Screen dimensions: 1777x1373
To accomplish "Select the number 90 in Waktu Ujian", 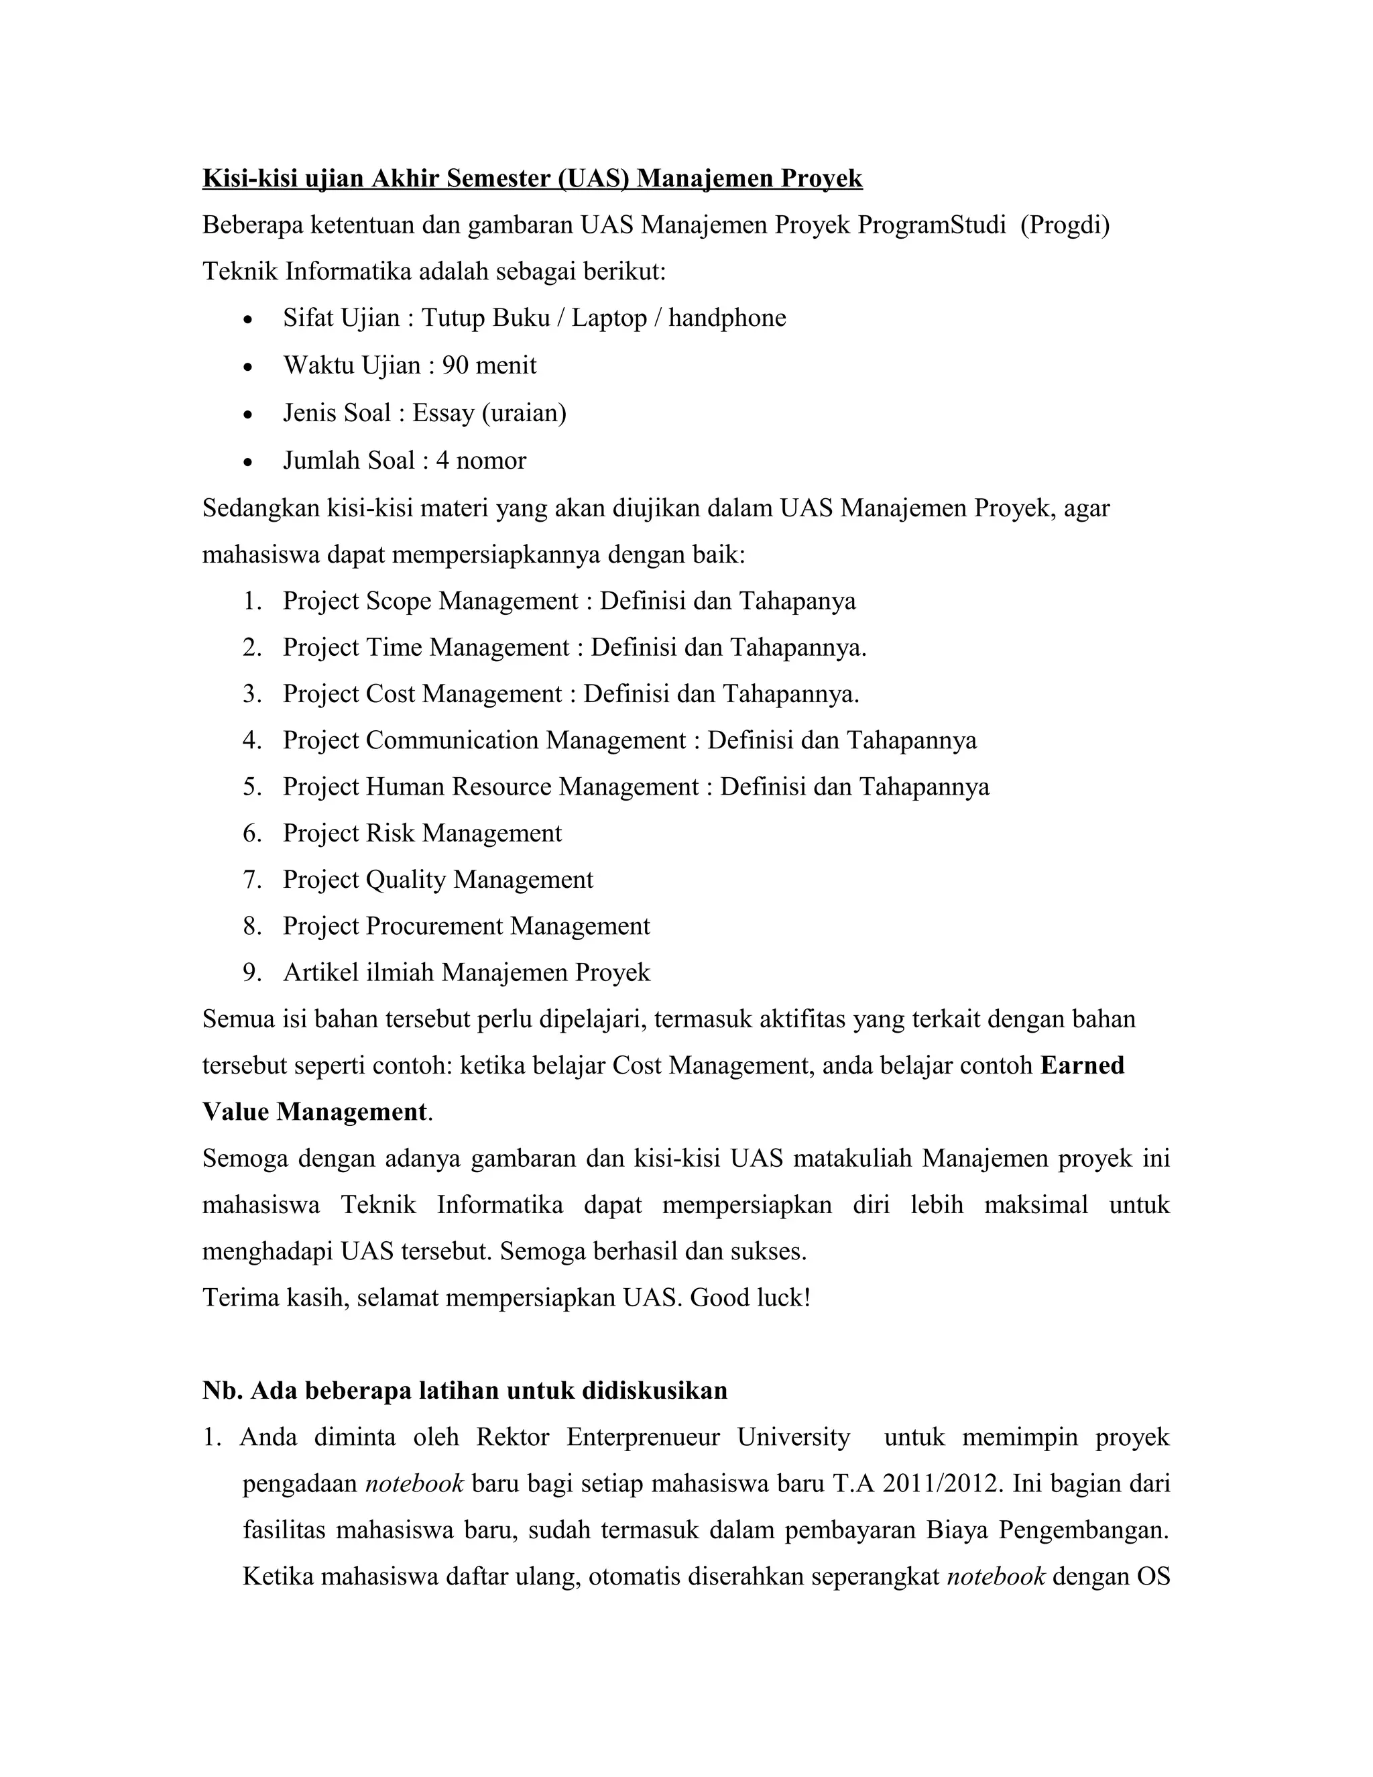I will [x=454, y=365].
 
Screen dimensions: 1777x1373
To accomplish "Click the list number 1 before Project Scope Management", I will [x=251, y=601].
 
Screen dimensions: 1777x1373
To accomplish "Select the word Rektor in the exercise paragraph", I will [x=512, y=1438].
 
